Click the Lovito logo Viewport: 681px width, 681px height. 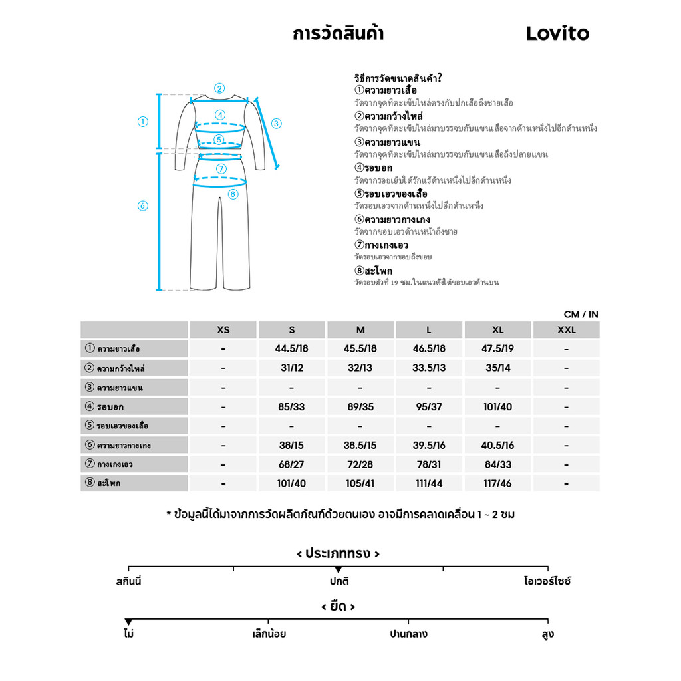(x=557, y=33)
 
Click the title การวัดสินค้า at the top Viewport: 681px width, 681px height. (x=338, y=33)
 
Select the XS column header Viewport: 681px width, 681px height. (x=223, y=330)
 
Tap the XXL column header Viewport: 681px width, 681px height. (x=566, y=330)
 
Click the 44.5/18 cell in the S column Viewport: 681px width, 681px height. (x=291, y=348)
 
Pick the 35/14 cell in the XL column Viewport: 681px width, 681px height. (x=497, y=368)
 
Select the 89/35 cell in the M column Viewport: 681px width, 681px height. (x=360, y=406)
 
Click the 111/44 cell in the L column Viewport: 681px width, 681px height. (x=429, y=483)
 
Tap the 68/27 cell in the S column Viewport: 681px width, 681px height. (x=291, y=464)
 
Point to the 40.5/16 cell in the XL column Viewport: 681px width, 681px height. (x=497, y=445)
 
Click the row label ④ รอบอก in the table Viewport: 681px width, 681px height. (x=104, y=406)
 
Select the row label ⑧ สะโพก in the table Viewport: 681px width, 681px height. (x=103, y=483)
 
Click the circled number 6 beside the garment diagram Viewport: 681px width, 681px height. (x=142, y=206)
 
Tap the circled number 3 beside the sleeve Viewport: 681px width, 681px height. (x=277, y=123)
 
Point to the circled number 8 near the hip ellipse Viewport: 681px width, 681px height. (x=232, y=194)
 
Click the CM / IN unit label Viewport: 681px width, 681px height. (x=581, y=314)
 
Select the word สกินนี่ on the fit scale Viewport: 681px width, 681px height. (x=128, y=581)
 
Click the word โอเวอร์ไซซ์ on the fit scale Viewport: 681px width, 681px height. (x=547, y=581)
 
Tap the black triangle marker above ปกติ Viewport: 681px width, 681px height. (x=339, y=569)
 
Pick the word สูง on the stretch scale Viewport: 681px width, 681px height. (x=547, y=634)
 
